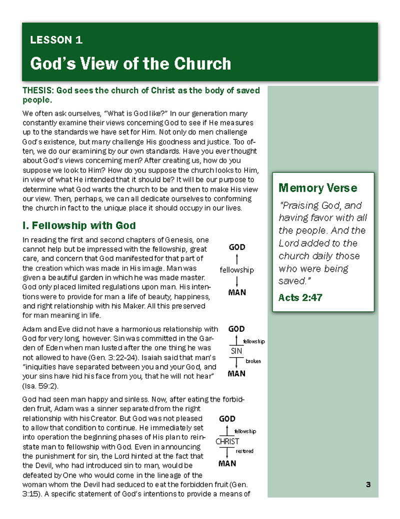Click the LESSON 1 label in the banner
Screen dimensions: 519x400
pos(56,40)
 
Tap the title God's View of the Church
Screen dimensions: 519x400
pos(130,63)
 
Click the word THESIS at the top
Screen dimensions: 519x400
pos(38,91)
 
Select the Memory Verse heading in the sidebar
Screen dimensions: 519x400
pos(317,188)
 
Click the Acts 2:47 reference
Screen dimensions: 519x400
pos(300,297)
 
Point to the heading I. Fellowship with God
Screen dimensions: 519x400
pos(79,226)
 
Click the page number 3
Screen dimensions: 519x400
pos(368,484)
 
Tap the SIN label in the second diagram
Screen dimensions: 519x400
pos(236,351)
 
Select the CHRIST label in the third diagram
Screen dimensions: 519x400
pos(227,442)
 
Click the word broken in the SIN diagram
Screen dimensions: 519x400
pos(253,361)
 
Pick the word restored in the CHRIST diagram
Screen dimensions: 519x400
pos(244,451)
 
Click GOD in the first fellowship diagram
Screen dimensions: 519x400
pos(237,247)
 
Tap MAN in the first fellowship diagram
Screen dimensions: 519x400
pos(237,292)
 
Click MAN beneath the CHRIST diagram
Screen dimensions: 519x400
pos(227,463)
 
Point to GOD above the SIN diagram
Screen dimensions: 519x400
pos(236,329)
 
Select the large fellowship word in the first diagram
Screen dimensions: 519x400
pos(236,270)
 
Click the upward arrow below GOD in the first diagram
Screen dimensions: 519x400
pos(236,258)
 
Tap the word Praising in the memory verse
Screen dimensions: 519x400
pos(300,205)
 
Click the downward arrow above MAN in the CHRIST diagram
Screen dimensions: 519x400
pos(227,452)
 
